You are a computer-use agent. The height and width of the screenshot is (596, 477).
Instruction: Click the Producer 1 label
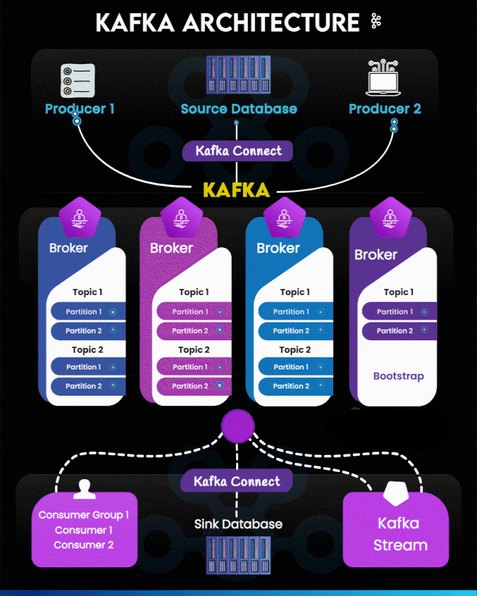tap(80, 108)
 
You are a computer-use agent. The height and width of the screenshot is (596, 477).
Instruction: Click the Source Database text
tap(238, 108)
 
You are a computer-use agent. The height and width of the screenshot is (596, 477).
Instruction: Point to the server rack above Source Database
tap(238, 74)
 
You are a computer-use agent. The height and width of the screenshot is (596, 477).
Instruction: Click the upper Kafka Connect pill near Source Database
tap(238, 151)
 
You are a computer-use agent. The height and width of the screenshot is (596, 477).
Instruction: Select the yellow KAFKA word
tap(237, 190)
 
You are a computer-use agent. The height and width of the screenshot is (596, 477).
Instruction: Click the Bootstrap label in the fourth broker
tap(398, 376)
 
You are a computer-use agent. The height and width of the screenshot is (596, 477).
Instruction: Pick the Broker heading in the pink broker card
tap(172, 248)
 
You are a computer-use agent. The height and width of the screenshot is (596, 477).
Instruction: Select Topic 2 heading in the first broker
tap(88, 350)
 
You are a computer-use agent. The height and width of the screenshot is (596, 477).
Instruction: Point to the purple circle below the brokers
tap(237, 426)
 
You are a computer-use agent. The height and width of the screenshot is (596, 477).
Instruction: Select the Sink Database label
tap(238, 524)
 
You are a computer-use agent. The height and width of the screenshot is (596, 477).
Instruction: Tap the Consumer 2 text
tap(83, 545)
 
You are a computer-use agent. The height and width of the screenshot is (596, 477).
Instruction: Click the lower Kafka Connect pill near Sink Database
tap(237, 481)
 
